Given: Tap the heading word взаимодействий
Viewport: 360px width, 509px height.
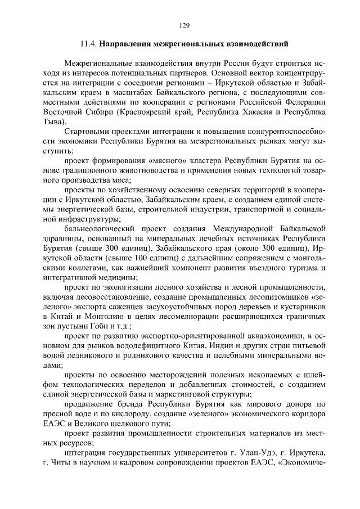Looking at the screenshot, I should pos(258,43).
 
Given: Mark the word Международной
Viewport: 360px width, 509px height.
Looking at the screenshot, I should pos(243,228).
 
